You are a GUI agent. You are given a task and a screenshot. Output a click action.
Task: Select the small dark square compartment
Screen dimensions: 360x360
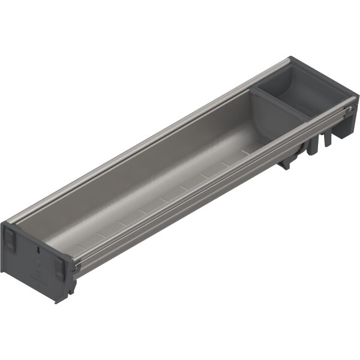coord(300,96)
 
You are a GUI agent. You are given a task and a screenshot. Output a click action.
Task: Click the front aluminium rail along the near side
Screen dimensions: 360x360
coord(210,192)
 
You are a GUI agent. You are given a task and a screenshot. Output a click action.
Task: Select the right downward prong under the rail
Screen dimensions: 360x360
coord(328,139)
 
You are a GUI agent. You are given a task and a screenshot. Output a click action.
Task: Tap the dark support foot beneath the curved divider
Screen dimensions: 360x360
coord(286,161)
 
